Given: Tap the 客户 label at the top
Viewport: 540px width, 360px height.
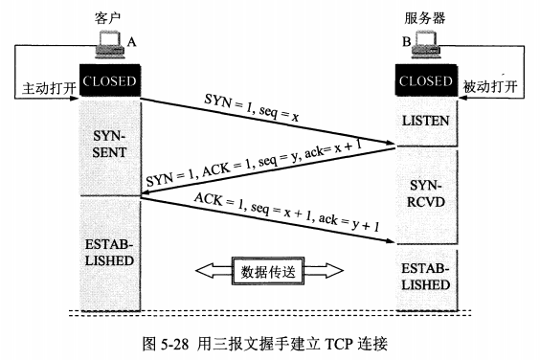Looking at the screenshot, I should pyautogui.click(x=109, y=16).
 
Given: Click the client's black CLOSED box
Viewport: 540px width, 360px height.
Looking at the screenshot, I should pyautogui.click(x=109, y=80).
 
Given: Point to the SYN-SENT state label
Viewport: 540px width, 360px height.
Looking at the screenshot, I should pyautogui.click(x=109, y=146).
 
